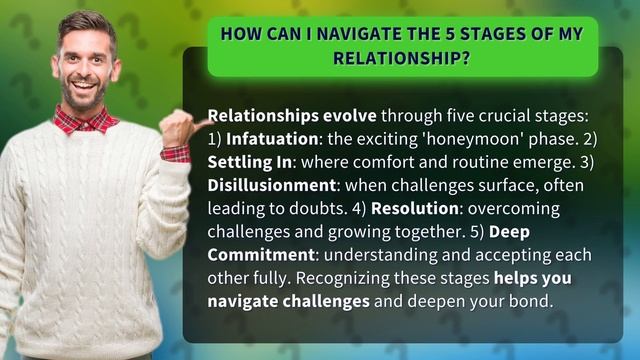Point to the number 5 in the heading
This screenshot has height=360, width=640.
pyautogui.click(x=431, y=33)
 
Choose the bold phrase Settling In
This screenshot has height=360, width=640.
pyautogui.click(x=249, y=161)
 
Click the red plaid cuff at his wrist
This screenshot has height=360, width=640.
pyautogui.click(x=175, y=153)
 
